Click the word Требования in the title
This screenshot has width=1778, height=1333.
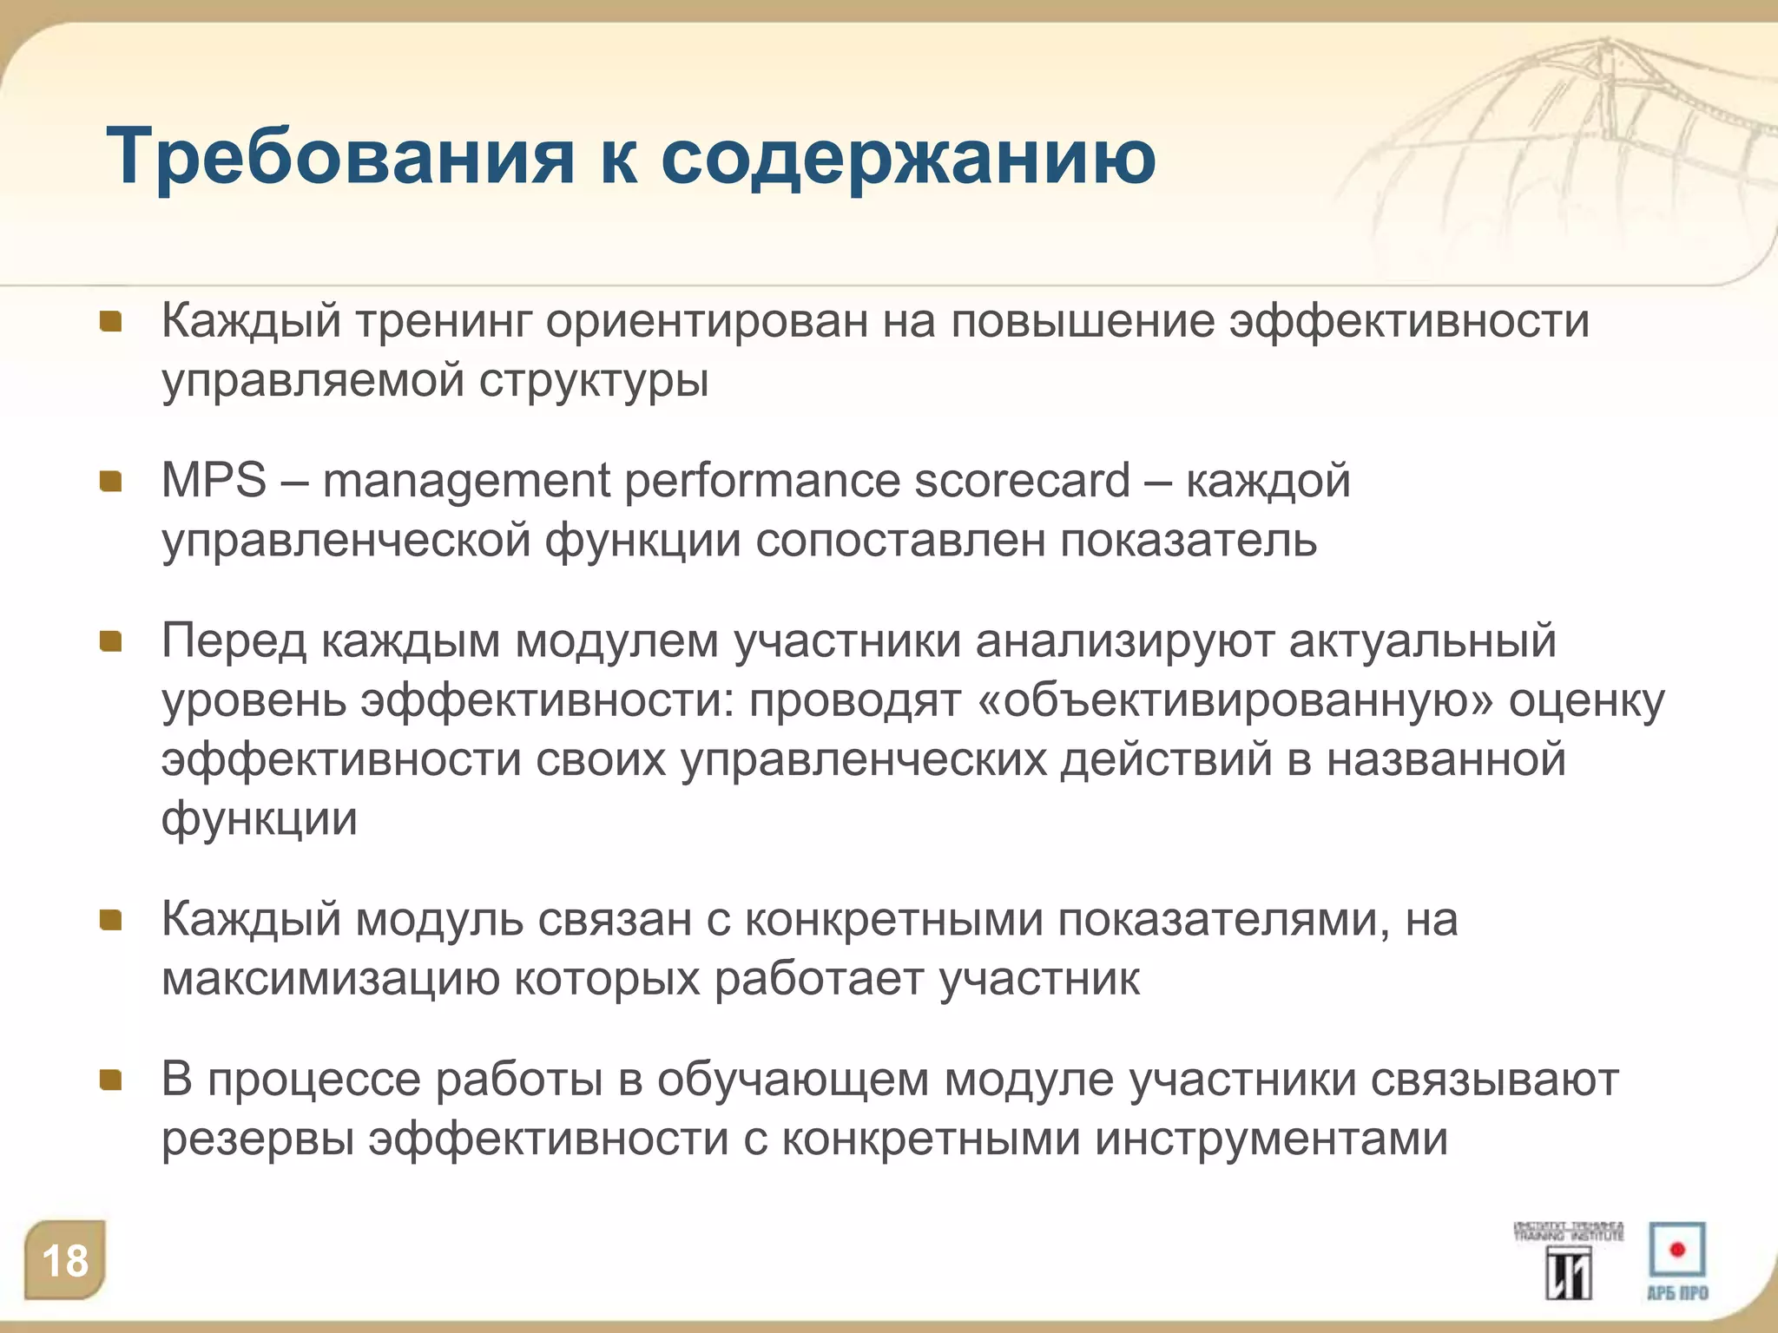(339, 158)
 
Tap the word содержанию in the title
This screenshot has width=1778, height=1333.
(908, 158)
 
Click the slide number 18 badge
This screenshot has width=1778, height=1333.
(65, 1261)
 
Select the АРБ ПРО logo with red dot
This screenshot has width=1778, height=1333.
(1677, 1260)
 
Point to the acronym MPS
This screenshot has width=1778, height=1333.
(214, 480)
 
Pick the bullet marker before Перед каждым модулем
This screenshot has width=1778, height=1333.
(110, 641)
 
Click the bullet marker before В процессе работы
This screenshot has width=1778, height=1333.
(110, 1080)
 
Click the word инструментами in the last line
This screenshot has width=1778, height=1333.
(1271, 1139)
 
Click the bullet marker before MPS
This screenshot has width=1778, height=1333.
(110, 482)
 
